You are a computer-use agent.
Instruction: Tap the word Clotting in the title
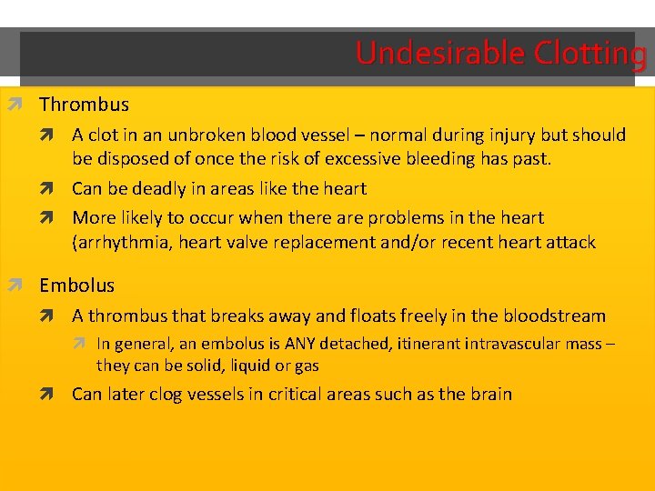[x=589, y=54]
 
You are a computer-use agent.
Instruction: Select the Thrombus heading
[x=84, y=105]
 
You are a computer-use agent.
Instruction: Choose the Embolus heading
[x=76, y=286]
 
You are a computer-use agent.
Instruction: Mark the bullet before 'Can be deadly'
[x=58, y=189]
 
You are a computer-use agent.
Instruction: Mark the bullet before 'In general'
[x=84, y=345]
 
